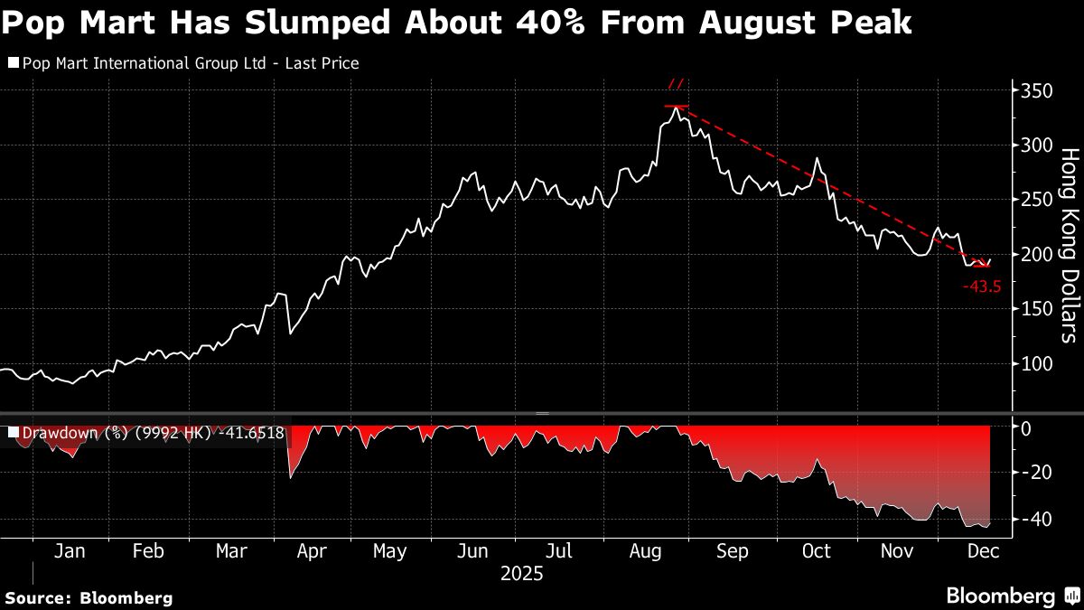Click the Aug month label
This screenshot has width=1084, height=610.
click(x=646, y=551)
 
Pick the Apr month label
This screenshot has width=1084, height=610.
click(x=311, y=551)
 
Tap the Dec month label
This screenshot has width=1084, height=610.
click(x=982, y=551)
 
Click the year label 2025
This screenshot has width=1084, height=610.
click(x=521, y=573)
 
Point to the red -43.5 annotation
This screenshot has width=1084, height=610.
click(x=982, y=286)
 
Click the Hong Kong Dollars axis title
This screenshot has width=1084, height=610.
click(x=1069, y=245)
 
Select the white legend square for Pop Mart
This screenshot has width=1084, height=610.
click(x=13, y=63)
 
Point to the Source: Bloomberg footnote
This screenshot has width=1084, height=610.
click(x=89, y=597)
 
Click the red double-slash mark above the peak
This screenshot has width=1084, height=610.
click(x=676, y=86)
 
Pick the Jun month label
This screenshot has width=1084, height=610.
click(x=473, y=551)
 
